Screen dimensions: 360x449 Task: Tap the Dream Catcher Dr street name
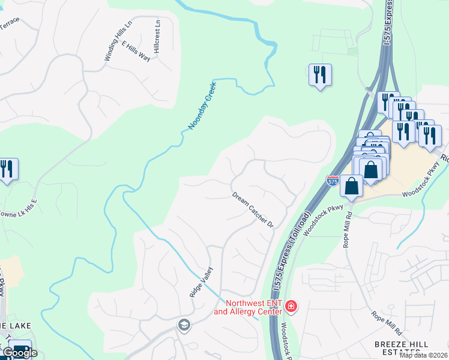(253, 210)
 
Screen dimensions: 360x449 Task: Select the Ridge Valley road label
(201, 283)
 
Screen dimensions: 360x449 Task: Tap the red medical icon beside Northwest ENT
(291, 307)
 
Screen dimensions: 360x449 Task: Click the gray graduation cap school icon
(184, 325)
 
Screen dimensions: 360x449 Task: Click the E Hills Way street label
(136, 51)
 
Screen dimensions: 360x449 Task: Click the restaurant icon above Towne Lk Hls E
(7, 169)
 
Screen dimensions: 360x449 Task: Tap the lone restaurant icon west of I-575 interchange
(320, 74)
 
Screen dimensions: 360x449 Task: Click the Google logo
(19, 353)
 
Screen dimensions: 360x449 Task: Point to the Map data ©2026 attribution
(424, 355)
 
